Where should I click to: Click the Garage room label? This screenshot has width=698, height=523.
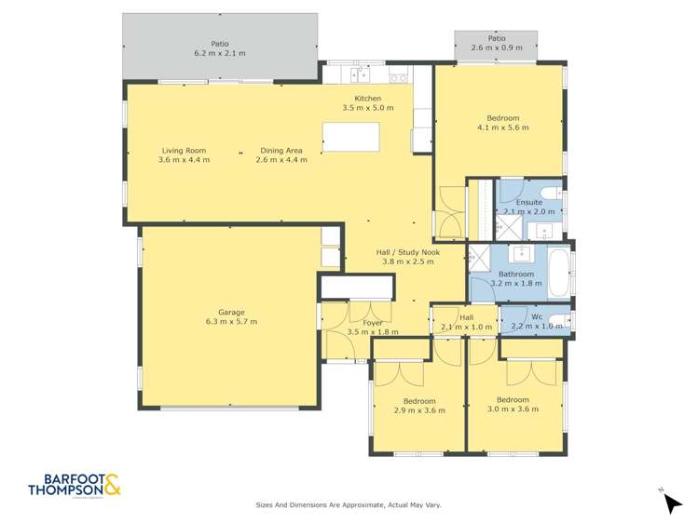tap(230, 312)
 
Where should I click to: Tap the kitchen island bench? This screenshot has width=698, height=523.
tap(351, 137)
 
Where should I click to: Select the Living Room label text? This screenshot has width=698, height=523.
tap(184, 151)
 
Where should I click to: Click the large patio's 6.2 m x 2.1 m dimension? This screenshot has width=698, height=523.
tap(220, 53)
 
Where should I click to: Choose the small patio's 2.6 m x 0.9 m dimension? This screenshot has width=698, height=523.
tap(497, 47)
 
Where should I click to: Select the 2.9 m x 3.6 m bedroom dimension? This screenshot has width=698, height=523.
tap(415, 410)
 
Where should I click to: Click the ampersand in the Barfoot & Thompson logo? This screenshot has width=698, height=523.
tap(112, 485)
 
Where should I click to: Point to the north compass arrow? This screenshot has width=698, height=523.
tap(672, 503)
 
